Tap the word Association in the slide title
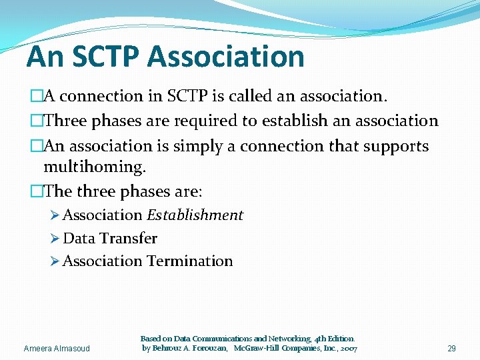227,56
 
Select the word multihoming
94,166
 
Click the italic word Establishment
195,215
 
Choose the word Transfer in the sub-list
129,239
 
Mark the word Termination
190,261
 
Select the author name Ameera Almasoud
56,349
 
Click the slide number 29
451,349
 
